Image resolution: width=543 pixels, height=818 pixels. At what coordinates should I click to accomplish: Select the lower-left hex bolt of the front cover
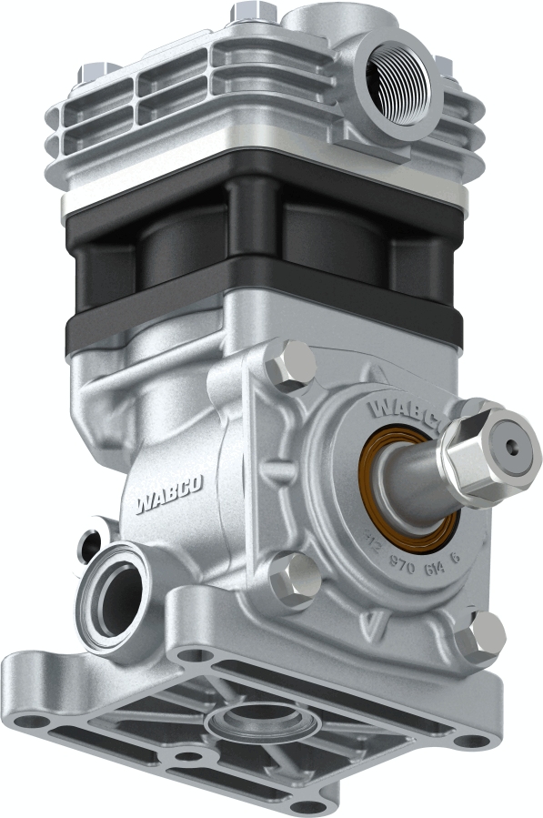(x=295, y=580)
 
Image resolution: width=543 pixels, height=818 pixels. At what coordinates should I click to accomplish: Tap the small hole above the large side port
(x=90, y=545)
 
